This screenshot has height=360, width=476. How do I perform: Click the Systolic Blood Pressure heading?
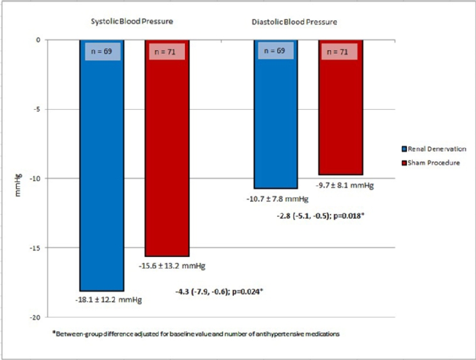[x=130, y=22]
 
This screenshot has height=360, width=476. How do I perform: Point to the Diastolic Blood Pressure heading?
[x=294, y=22]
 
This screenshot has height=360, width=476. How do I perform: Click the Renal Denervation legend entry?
[x=435, y=149]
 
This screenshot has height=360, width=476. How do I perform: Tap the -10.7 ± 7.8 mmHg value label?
[x=277, y=199]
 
